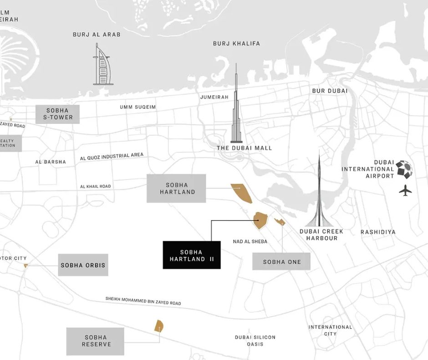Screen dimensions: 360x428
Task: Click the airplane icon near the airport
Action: [405, 190]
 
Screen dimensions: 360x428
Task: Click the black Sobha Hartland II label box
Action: [192, 255]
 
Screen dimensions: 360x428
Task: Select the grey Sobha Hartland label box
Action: [176, 188]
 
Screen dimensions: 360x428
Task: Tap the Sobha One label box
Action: [281, 262]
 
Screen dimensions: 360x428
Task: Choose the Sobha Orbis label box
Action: [83, 265]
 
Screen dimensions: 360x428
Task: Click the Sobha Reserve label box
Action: [95, 341]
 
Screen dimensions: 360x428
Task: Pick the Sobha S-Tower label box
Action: [58, 114]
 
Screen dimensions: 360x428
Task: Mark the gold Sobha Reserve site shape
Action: [159, 326]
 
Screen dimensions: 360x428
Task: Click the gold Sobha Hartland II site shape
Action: [260, 221]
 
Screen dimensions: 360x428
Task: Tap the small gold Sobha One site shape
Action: [280, 222]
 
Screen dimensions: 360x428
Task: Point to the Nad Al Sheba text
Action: [250, 241]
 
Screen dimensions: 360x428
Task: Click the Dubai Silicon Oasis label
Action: [255, 340]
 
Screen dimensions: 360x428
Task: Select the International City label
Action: [330, 330]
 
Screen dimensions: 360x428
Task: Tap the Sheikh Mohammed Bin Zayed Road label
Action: [143, 301]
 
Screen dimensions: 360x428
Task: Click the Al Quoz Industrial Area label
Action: [112, 157]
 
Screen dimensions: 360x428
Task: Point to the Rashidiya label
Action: [378, 232]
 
